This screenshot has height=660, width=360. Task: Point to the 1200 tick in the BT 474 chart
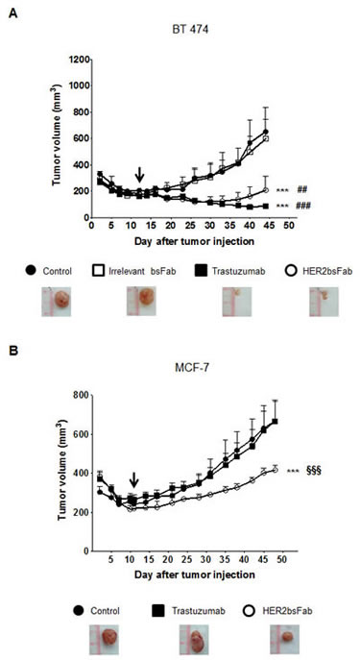[55, 61]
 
